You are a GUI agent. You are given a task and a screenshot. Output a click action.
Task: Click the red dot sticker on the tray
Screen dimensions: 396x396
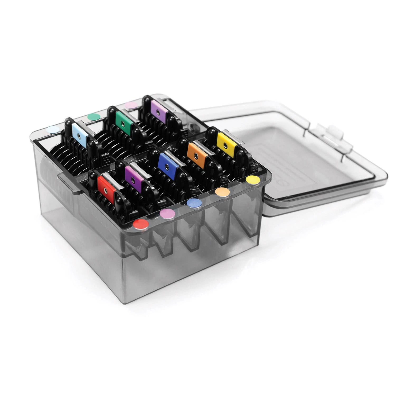[141, 224]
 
